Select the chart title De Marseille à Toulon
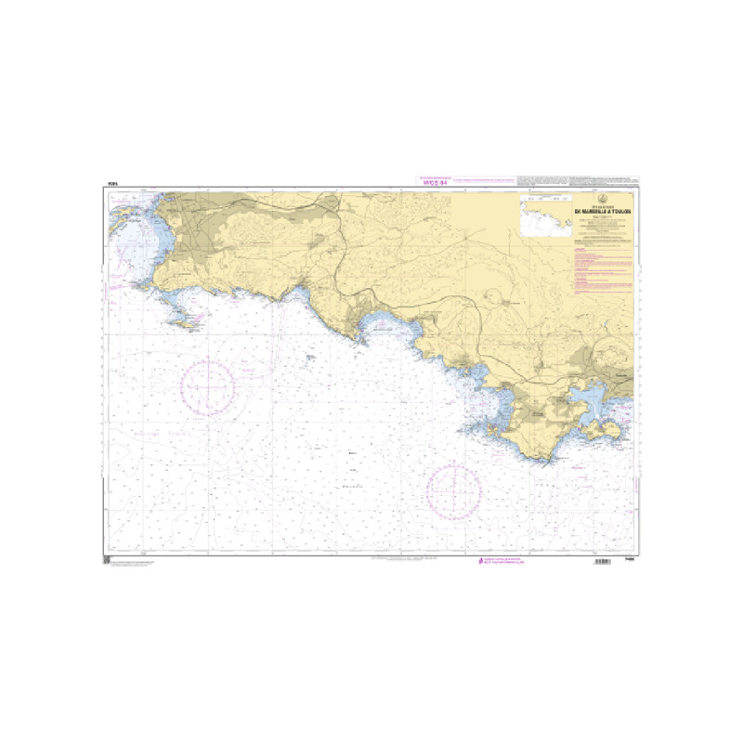click(605, 211)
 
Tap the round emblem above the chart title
click(605, 199)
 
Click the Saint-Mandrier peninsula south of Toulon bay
click(602, 428)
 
